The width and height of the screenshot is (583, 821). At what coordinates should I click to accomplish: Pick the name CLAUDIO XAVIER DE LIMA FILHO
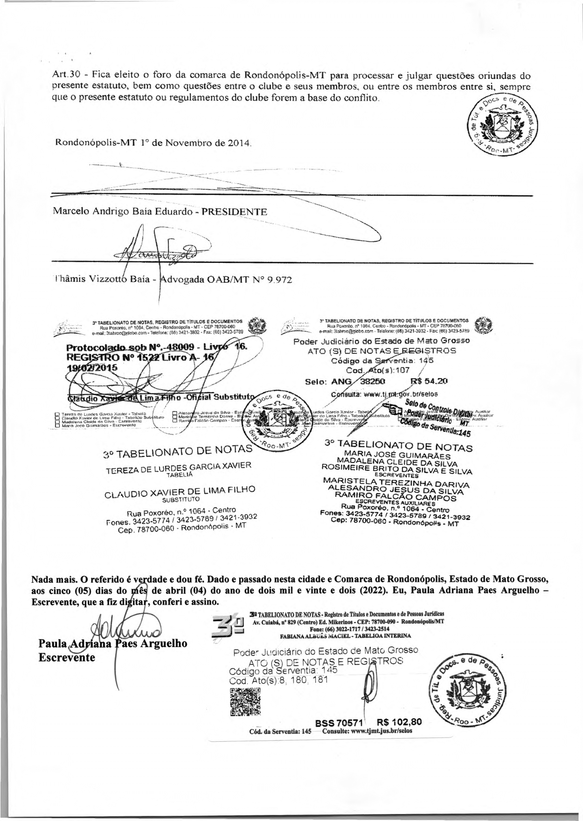[180, 492]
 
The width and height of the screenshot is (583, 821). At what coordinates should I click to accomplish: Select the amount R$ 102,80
[399, 722]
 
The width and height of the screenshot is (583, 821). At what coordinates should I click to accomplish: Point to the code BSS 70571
[336, 723]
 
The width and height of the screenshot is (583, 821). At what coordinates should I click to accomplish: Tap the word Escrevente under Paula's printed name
[67, 657]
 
